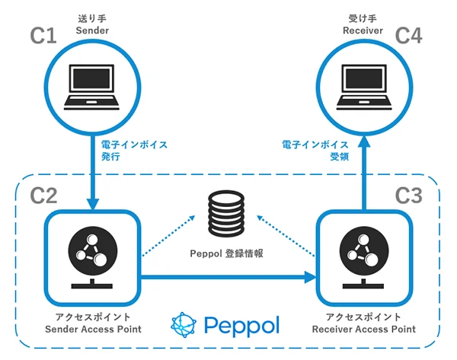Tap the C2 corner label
pyautogui.click(x=43, y=195)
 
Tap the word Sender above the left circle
pyautogui.click(x=93, y=30)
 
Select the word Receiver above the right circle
pyautogui.click(x=363, y=30)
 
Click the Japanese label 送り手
pyautogui.click(x=93, y=16)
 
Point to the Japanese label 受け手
pyautogui.click(x=363, y=16)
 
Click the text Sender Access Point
pyautogui.click(x=92, y=330)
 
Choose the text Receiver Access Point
pyautogui.click(x=364, y=330)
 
